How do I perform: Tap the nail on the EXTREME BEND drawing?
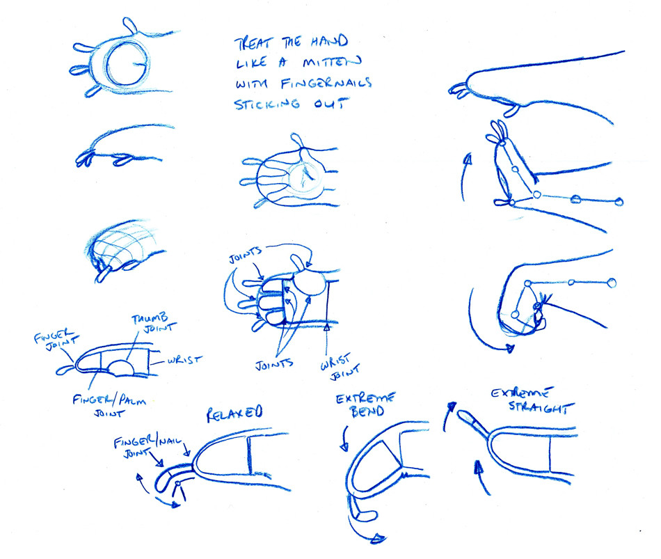[359, 515]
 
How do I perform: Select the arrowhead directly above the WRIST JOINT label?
[326, 325]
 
